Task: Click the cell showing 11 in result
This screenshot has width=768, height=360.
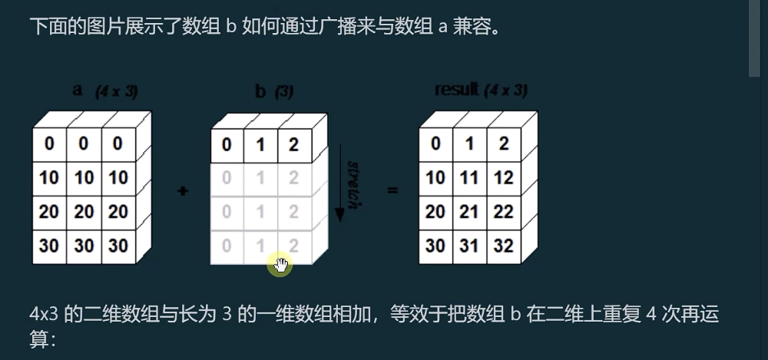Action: [469, 178]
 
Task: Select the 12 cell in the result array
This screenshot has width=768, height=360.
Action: [503, 178]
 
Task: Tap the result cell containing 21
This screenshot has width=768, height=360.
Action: [469, 212]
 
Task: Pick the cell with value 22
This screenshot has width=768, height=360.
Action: [503, 212]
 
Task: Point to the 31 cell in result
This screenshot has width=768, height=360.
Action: [469, 246]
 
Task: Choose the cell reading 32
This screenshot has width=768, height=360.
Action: [503, 246]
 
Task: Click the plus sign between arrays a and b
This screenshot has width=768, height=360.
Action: [182, 190]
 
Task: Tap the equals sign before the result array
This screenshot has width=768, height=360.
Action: [393, 190]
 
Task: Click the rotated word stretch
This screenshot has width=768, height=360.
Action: [353, 183]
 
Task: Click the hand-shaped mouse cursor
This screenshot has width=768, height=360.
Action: [280, 265]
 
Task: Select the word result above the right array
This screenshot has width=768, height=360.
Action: [456, 89]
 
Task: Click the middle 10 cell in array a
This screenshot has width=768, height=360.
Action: [84, 178]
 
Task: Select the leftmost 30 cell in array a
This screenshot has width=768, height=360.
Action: [49, 246]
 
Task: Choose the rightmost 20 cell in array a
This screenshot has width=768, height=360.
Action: [118, 212]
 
